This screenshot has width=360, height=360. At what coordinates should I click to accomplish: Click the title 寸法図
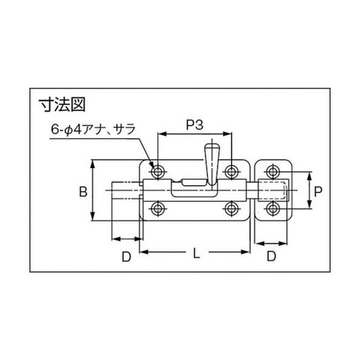pos(62,104)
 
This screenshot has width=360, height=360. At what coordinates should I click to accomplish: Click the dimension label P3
pos(195,125)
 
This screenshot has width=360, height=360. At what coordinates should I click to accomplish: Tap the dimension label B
pos(83,192)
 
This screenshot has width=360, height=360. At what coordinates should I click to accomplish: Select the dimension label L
pos(196,254)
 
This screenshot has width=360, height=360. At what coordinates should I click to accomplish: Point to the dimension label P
pos(318,192)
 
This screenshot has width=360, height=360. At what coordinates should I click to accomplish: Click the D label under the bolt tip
pos(127,256)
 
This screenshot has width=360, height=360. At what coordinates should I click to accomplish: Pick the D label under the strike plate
pos(271,256)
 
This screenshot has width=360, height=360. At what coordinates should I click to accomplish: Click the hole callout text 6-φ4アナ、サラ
pos(93,130)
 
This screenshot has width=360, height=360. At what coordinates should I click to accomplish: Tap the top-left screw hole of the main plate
pos(157,172)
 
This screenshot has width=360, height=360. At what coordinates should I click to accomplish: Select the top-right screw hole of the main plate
pos(231,172)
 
